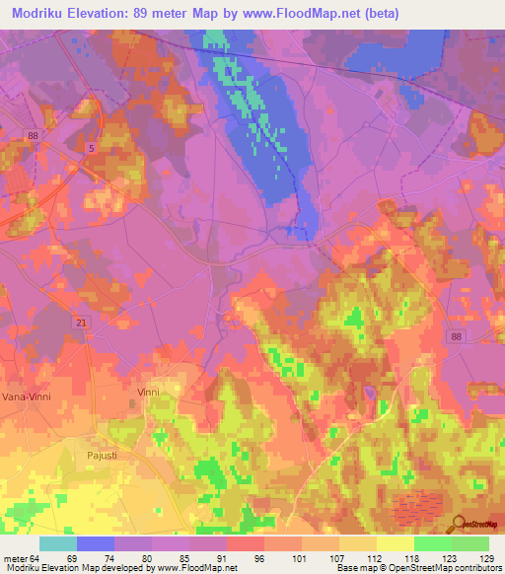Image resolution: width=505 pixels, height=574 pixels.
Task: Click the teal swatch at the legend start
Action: click(x=57, y=543)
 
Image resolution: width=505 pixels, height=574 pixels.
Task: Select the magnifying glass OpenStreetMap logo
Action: click(x=456, y=523)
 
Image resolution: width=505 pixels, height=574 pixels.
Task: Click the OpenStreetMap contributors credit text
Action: click(x=449, y=567)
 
